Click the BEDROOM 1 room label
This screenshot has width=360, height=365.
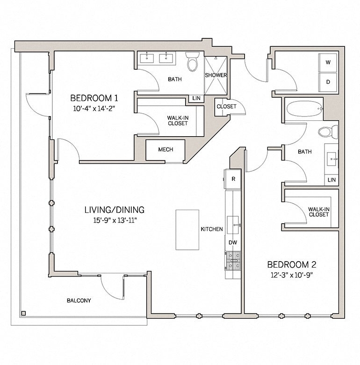(94, 98)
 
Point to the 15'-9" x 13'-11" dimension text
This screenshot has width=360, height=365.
(111, 219)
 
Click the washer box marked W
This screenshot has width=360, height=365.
(328, 63)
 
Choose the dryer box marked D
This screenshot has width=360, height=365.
(328, 82)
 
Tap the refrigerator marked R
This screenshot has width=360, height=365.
(233, 179)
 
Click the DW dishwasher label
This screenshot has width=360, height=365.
(232, 242)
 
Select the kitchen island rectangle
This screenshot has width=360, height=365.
(187, 229)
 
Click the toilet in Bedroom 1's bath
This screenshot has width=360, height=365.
(193, 62)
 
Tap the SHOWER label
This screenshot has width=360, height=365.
(216, 75)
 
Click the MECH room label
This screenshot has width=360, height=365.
(166, 150)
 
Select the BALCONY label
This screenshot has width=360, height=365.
(79, 300)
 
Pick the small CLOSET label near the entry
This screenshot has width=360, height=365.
(226, 106)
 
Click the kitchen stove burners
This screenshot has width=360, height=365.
(233, 260)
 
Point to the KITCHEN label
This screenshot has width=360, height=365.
(212, 229)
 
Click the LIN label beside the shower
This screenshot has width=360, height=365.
(195, 98)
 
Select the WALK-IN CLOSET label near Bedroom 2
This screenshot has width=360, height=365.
(318, 212)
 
